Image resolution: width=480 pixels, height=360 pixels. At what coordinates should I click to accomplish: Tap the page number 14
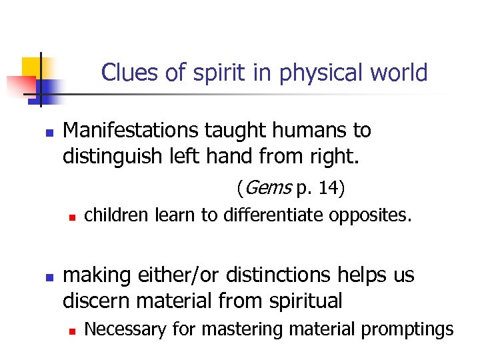tap(328, 189)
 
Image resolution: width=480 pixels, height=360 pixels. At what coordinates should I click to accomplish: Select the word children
tap(117, 215)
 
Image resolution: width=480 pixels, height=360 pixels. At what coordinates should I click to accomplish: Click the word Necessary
tap(125, 329)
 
